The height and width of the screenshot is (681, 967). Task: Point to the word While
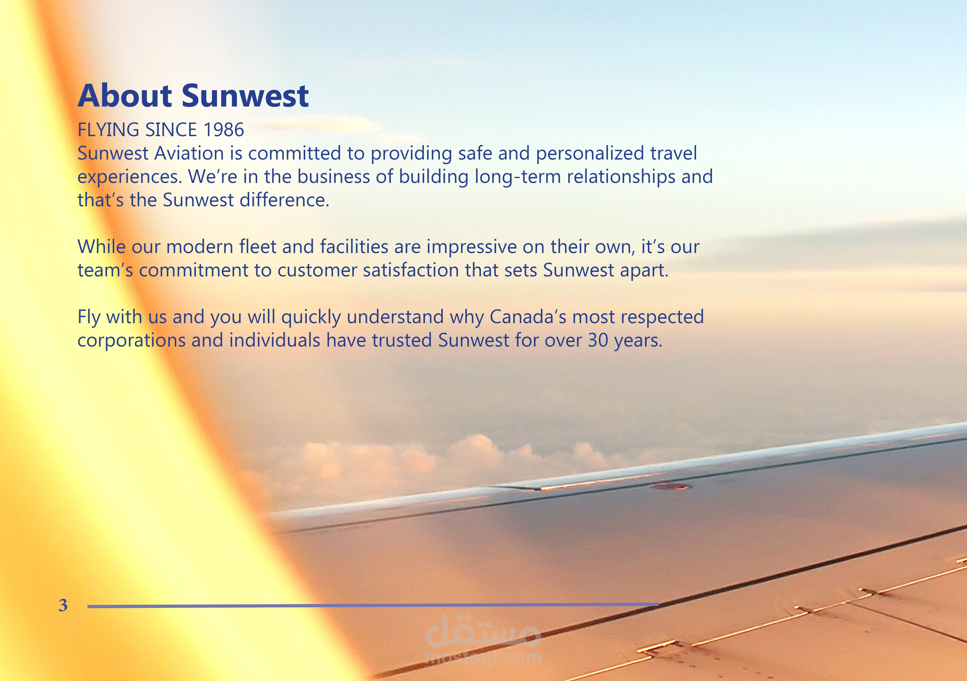[x=102, y=247]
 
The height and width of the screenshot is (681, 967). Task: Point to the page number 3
[x=63, y=605]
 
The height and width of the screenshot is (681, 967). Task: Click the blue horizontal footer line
[x=373, y=606]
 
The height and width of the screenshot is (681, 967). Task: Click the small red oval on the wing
[x=670, y=487]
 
